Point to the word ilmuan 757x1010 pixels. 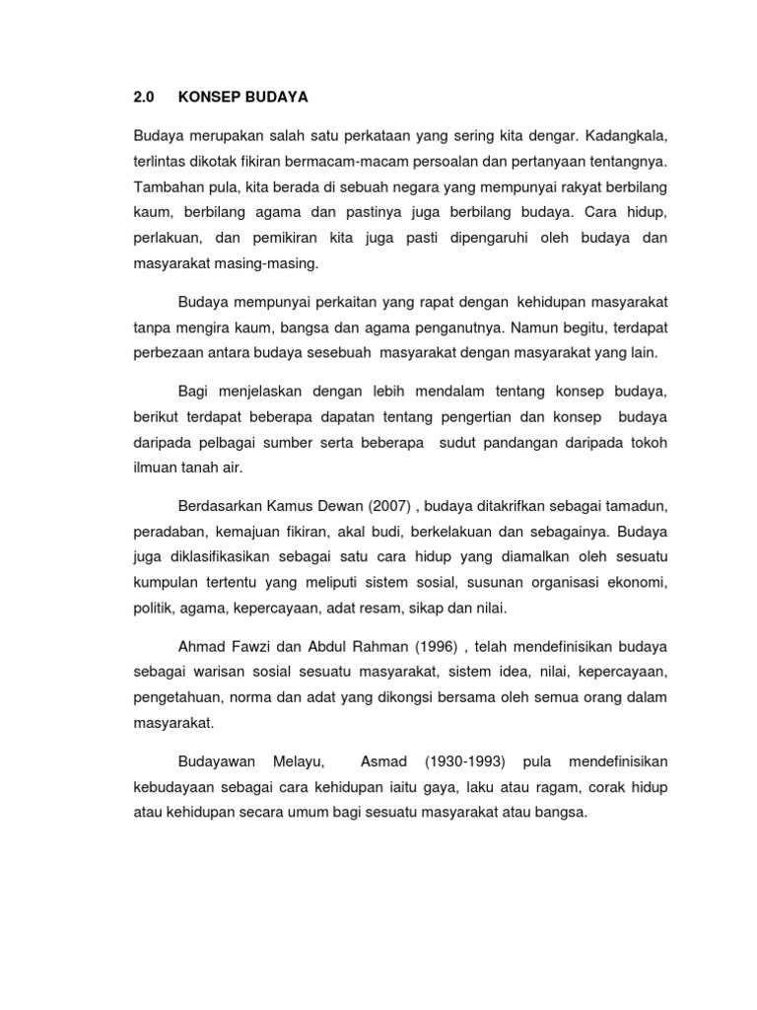[156, 469]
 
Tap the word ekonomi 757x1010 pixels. [637, 584]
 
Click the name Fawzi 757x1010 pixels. [251, 646]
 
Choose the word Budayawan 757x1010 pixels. [217, 760]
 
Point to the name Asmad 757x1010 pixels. [383, 760]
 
